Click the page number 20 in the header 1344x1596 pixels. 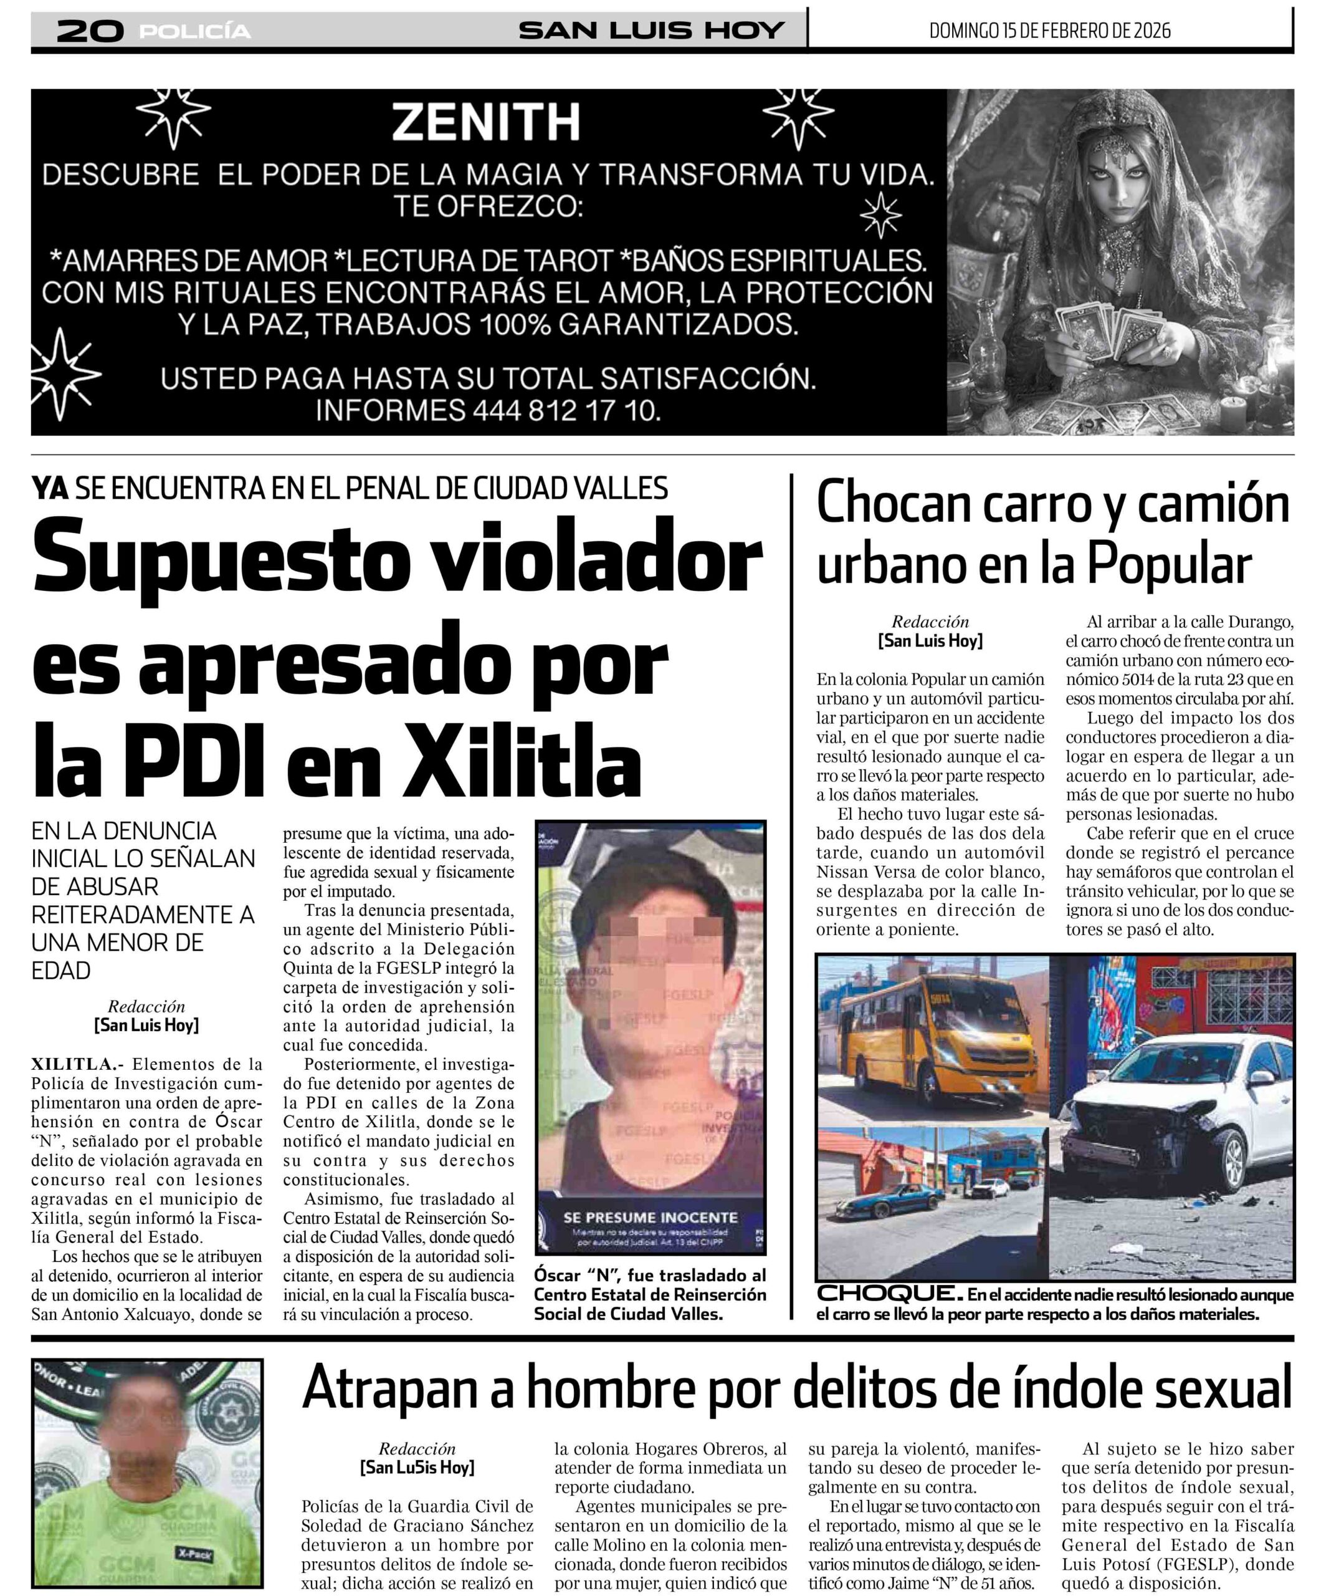[x=90, y=31]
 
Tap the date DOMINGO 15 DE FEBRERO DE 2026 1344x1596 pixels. [x=1049, y=31]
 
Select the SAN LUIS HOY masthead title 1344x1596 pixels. [x=651, y=31]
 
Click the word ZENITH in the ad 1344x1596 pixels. [x=485, y=122]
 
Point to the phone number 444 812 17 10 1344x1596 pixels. [x=565, y=411]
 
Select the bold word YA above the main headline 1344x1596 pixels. [x=50, y=488]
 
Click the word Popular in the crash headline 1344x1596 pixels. [x=1169, y=565]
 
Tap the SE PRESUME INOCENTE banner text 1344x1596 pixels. [x=650, y=1217]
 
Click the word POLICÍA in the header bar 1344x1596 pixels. [x=195, y=31]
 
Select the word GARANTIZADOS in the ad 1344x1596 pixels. [x=678, y=325]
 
